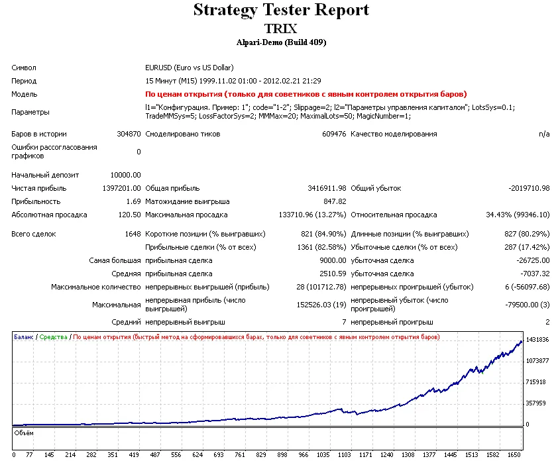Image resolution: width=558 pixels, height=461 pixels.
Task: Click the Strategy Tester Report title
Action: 281,11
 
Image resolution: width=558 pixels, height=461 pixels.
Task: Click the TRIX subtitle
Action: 281,28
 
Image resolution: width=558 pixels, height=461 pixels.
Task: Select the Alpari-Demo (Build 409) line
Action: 281,42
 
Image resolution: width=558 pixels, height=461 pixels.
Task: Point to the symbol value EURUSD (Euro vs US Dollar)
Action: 189,68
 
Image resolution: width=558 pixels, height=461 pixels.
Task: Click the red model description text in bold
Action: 306,94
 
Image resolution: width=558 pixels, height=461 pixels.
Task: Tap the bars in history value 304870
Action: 128,134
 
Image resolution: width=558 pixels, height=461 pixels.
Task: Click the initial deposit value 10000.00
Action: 126,175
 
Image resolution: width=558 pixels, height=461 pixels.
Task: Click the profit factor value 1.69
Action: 133,201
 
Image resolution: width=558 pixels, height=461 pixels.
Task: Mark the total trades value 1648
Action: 133,234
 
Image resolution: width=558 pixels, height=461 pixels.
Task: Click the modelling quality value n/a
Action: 544,134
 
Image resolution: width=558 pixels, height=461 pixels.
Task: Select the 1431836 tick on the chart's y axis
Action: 537,340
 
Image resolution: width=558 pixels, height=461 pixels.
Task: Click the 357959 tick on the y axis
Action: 535,403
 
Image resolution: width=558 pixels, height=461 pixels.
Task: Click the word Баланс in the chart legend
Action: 24,337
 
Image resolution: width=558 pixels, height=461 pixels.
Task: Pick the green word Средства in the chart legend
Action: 54,337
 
